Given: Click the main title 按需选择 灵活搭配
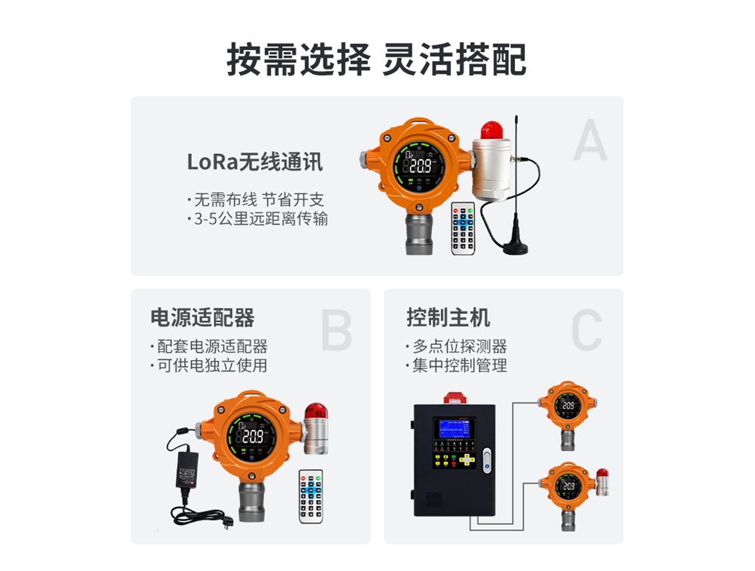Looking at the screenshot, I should point(377,59).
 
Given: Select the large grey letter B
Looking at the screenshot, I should point(336,330).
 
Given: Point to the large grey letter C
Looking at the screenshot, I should point(586,330).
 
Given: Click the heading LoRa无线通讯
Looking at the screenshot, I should point(254,162).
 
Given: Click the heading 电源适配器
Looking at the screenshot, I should point(202,317).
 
